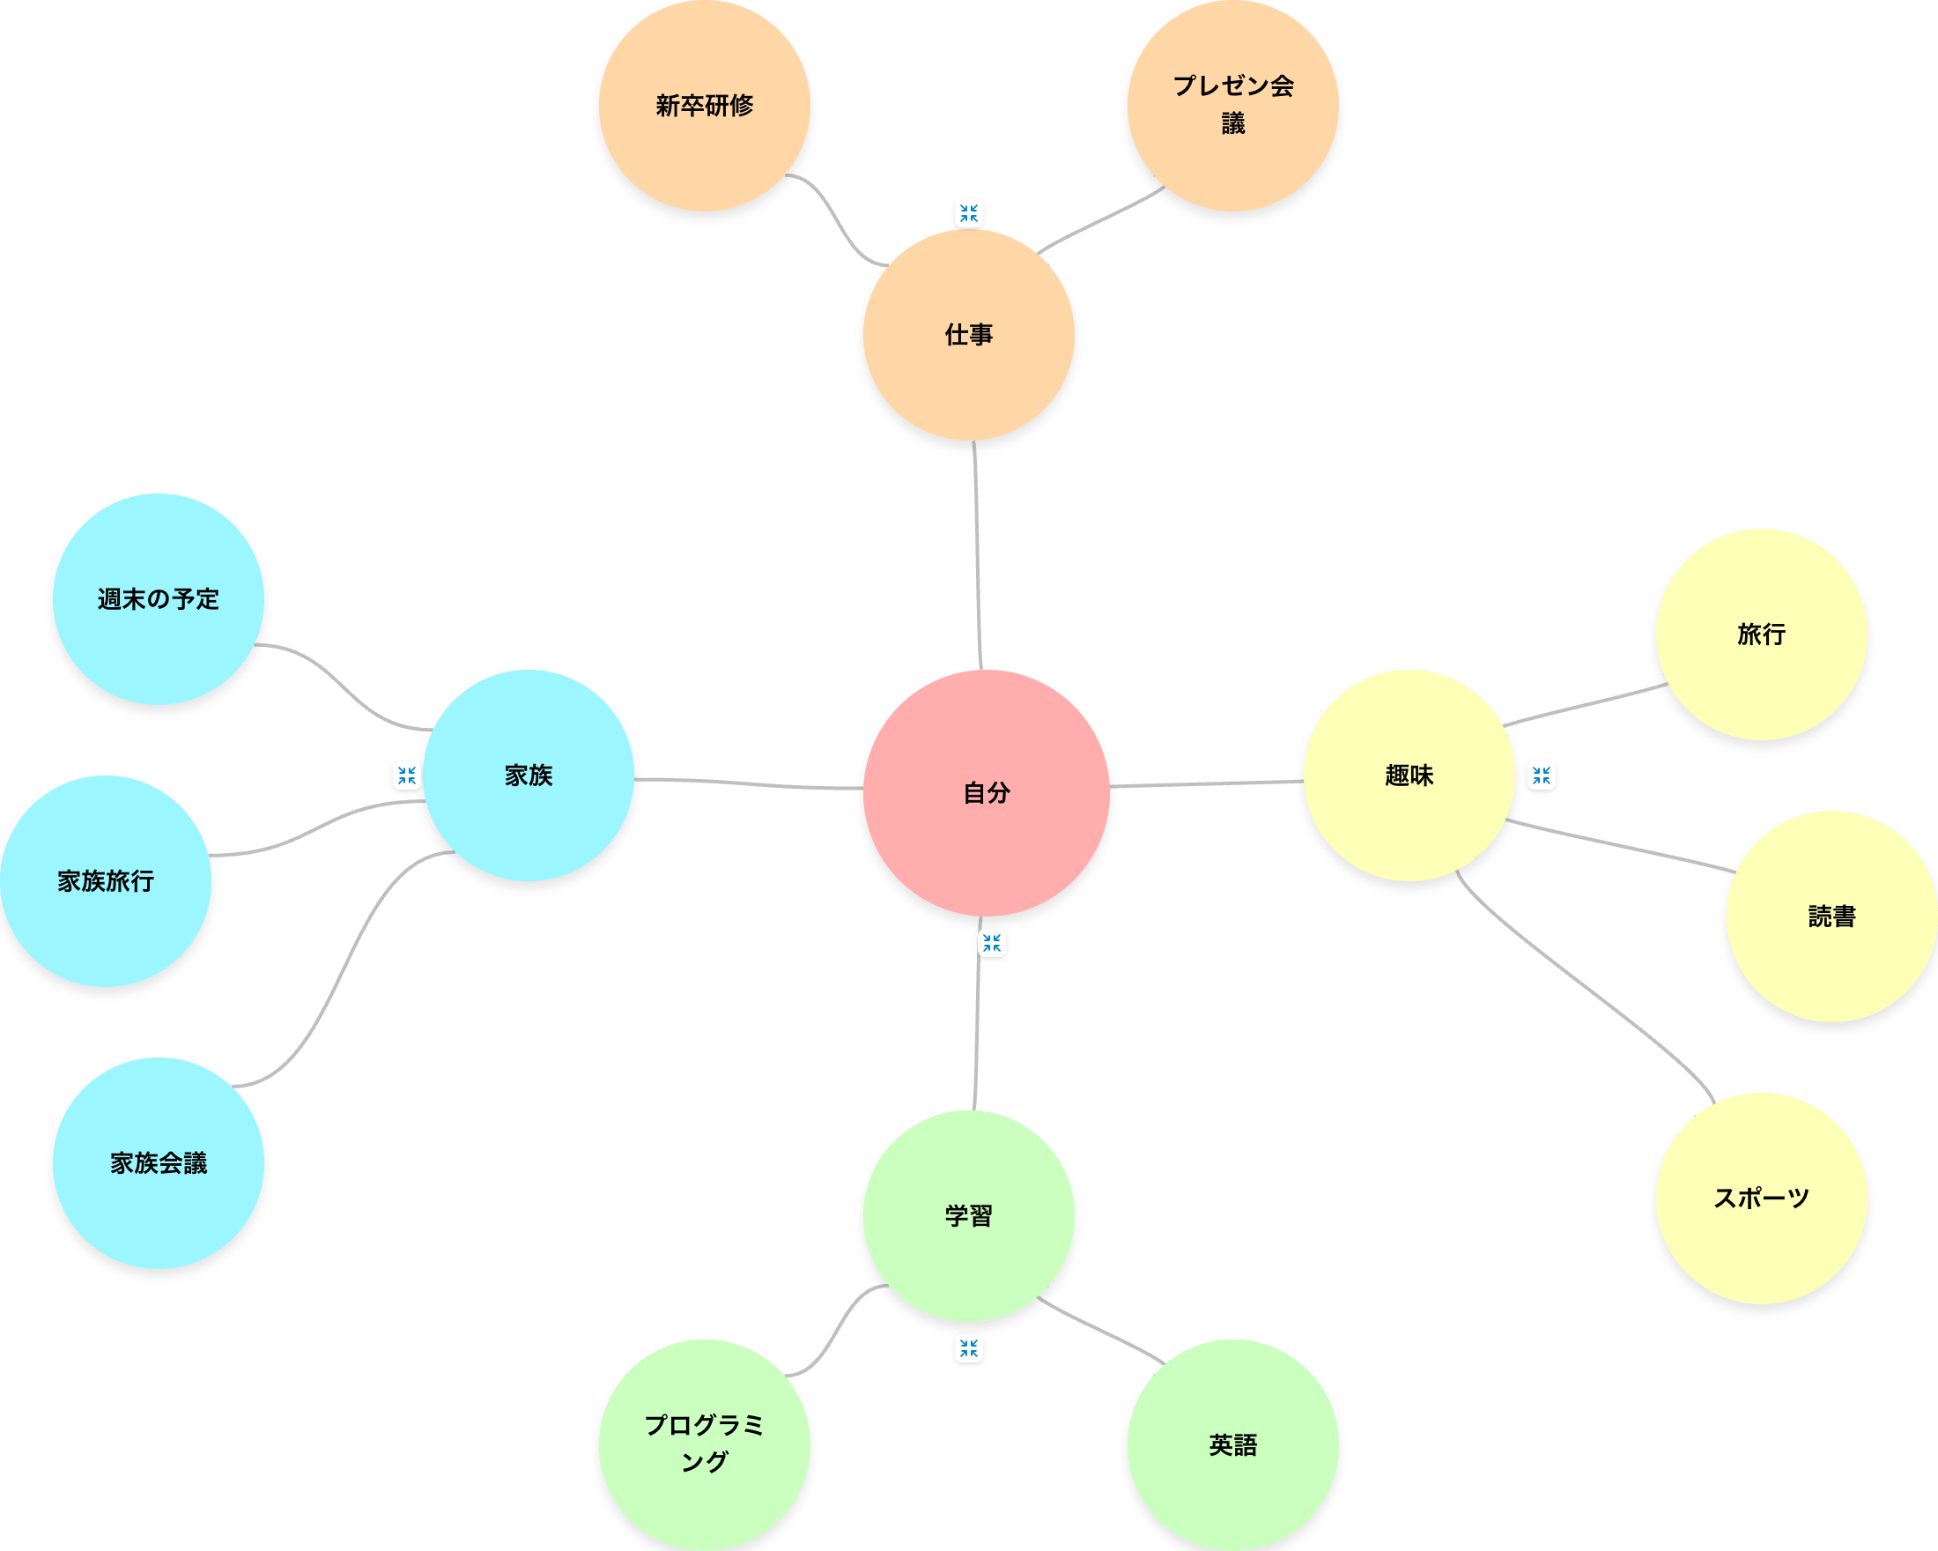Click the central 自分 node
tap(986, 792)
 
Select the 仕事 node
tap(968, 335)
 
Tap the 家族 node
tap(529, 774)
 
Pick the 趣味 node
tap(1409, 774)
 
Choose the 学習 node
tap(968, 1215)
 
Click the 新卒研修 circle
tap(704, 106)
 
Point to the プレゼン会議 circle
tap(1232, 106)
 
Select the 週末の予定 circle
tap(159, 599)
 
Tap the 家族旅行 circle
tap(105, 880)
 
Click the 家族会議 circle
tap(159, 1162)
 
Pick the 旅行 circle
tap(1761, 634)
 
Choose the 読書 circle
tap(1831, 916)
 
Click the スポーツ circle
tap(1761, 1198)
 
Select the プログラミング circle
tap(704, 1444)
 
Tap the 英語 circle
tap(1232, 1444)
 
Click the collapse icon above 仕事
tap(968, 213)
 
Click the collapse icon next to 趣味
tap(1542, 775)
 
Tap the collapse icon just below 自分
tap(992, 943)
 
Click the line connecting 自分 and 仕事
tap(977, 558)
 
